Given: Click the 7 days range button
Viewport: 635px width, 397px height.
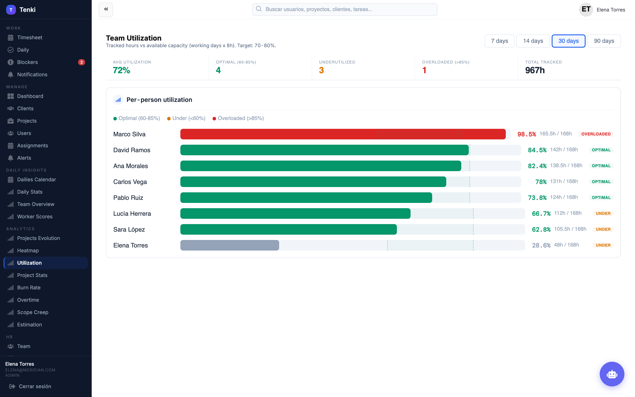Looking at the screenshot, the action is click(499, 41).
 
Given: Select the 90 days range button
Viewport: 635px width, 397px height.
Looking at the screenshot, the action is click(604, 41).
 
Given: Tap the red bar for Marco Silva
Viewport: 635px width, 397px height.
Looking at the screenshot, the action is click(343, 134).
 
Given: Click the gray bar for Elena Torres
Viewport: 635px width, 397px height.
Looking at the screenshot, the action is click(230, 245).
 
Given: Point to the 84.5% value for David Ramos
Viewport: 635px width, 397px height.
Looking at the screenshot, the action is click(537, 150).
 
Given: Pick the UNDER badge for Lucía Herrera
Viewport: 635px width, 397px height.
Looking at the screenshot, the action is click(603, 213).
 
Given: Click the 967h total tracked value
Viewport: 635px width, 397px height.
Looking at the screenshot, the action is click(535, 70).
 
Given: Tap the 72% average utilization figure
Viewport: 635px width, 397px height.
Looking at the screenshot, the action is click(121, 70).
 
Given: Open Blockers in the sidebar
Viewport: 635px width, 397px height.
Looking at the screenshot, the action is click(27, 62).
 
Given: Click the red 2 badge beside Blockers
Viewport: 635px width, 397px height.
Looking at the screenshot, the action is click(81, 62).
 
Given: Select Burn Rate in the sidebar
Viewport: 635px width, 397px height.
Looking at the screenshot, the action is click(29, 288).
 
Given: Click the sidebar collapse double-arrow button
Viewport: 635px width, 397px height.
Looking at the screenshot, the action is click(106, 9).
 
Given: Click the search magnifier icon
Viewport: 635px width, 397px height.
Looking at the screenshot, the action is click(259, 9).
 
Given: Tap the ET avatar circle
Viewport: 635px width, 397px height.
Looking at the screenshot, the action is click(586, 10).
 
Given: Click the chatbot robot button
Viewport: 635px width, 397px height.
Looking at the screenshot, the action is click(612, 374).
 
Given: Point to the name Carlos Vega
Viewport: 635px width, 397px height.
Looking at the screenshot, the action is click(130, 182).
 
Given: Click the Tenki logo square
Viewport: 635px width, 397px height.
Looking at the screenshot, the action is click(11, 10).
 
